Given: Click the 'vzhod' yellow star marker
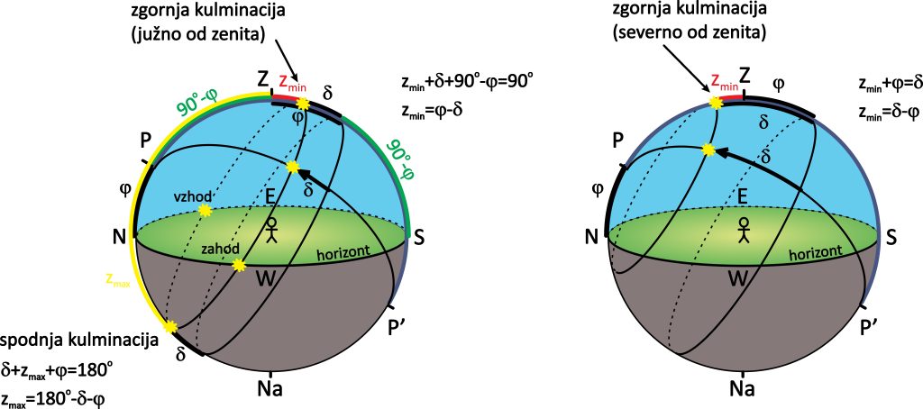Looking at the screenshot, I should pyautogui.click(x=204, y=210).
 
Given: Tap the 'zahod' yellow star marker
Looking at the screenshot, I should pyautogui.click(x=239, y=265).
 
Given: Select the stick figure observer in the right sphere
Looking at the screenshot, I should pyautogui.click(x=744, y=229).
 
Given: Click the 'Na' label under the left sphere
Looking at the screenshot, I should pyautogui.click(x=271, y=389).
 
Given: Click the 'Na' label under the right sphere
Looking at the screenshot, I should pyautogui.click(x=742, y=389).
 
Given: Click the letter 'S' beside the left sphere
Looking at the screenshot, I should pyautogui.click(x=418, y=236).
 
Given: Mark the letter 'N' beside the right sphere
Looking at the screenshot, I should pyautogui.click(x=591, y=236).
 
